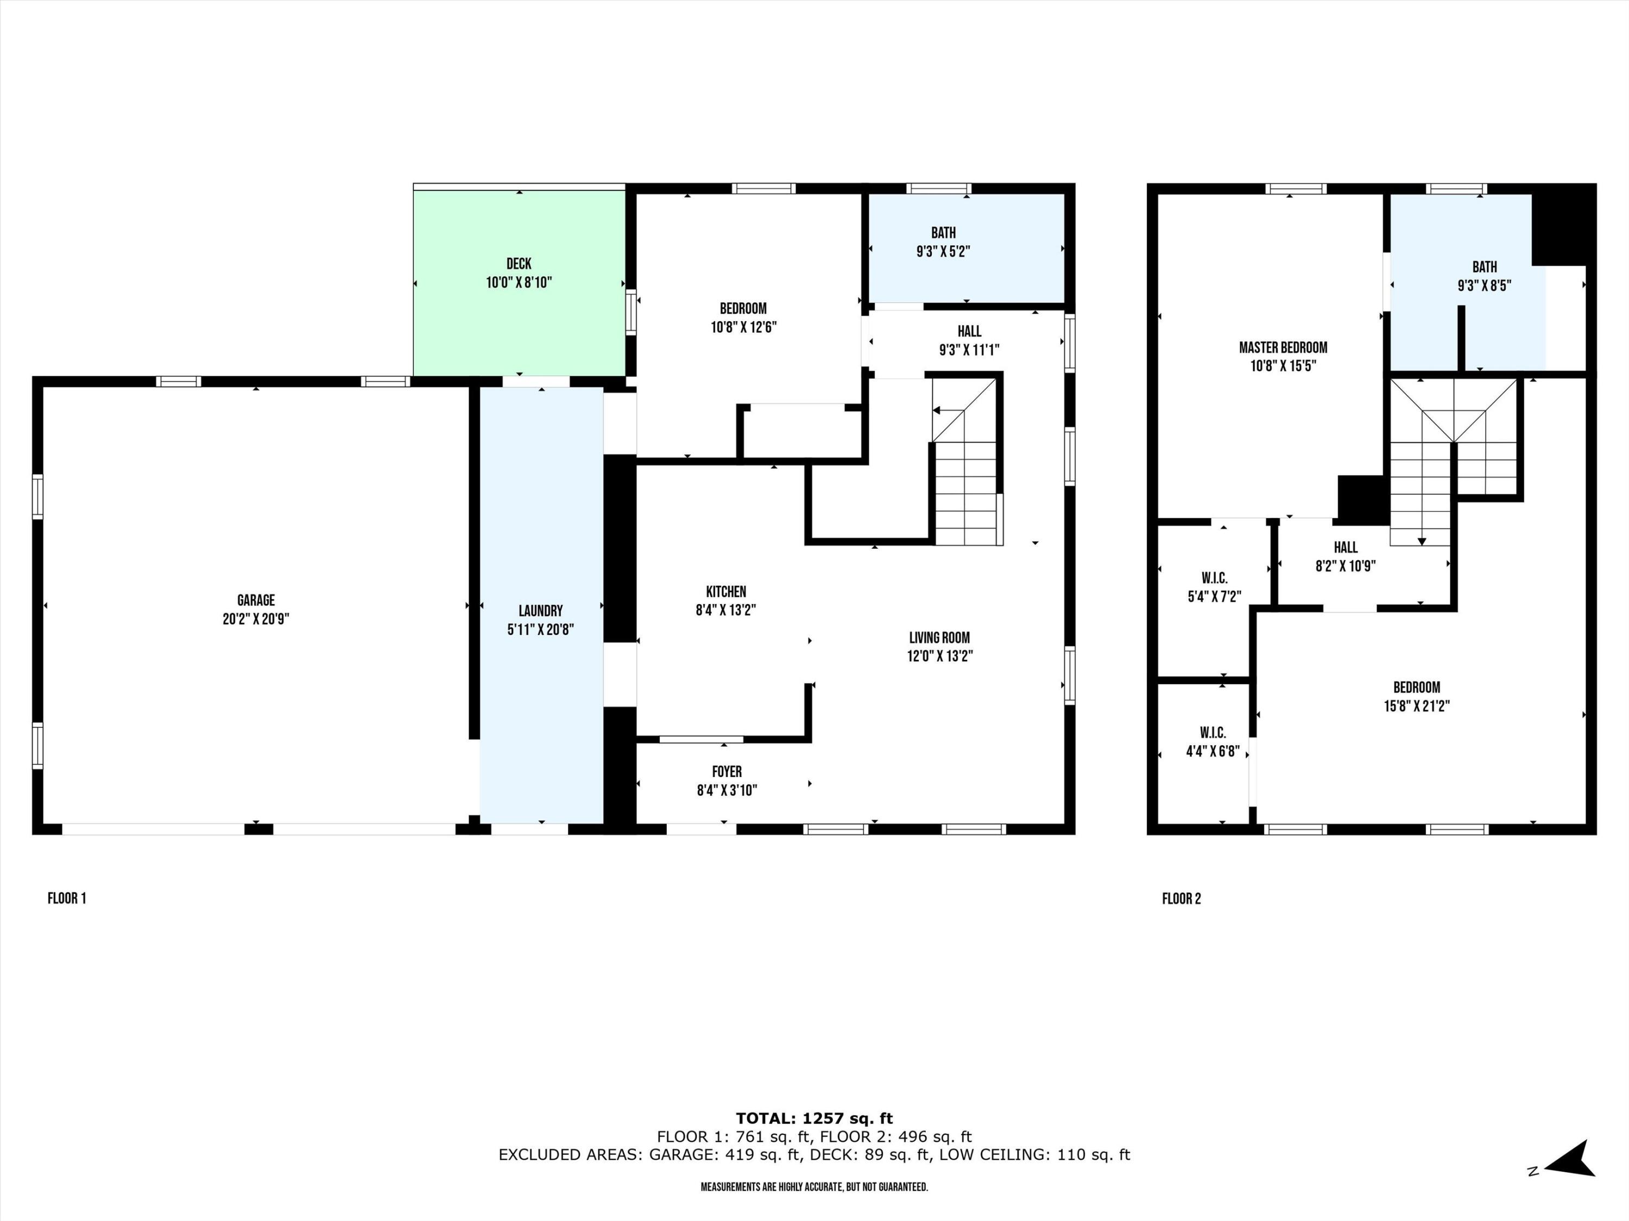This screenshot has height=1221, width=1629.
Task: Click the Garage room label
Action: (x=256, y=601)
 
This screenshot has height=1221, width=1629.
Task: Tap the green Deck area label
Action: (x=519, y=264)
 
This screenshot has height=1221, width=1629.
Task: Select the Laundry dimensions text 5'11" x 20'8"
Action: (x=540, y=629)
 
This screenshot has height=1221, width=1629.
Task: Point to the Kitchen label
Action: (x=726, y=592)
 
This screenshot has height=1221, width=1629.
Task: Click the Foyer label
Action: (x=727, y=771)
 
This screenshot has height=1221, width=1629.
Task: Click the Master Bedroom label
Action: (x=1283, y=347)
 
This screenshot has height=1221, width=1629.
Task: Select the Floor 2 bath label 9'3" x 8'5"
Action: (x=1485, y=277)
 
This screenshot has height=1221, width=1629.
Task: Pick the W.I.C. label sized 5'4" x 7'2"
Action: (x=1214, y=587)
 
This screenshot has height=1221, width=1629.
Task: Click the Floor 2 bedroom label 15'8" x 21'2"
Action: (x=1416, y=696)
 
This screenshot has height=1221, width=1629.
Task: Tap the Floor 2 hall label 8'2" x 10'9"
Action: (x=1346, y=556)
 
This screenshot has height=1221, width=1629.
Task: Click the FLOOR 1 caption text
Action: (x=67, y=898)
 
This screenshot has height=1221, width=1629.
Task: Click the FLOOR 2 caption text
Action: (x=1181, y=898)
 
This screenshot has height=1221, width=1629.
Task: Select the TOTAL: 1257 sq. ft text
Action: (x=814, y=1118)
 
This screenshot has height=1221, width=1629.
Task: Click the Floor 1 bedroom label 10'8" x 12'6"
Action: (x=743, y=318)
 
